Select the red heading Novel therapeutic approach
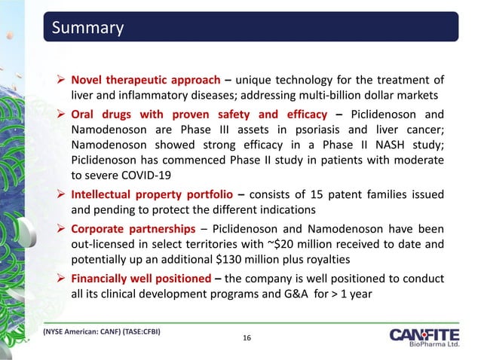pyautogui.click(x=145, y=81)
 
